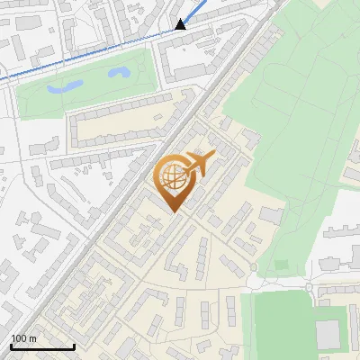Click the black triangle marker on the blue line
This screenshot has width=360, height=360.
pos(181,24)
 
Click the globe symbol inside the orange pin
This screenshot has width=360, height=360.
pos(173,176)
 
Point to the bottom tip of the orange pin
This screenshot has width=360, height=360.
pos(173,212)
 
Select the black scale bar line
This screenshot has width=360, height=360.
pos(42,346)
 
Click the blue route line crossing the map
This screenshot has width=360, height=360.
pos(90,55)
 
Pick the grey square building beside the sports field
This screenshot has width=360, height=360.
pos(328,334)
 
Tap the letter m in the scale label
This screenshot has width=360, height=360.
pos(32,338)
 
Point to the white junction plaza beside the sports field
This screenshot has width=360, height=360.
pos(255,281)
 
